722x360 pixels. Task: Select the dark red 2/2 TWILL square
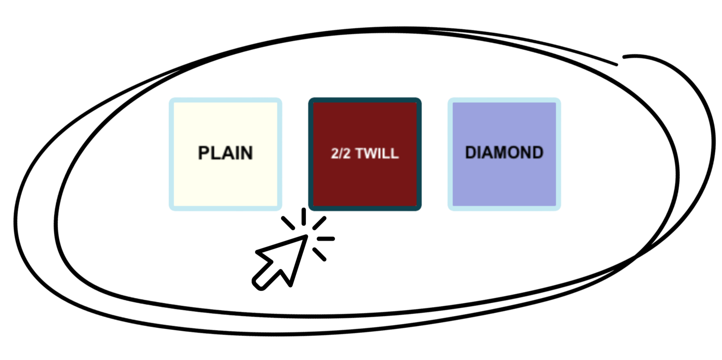click(x=364, y=181)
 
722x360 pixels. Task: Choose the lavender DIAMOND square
click(x=504, y=181)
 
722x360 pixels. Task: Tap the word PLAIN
click(x=225, y=153)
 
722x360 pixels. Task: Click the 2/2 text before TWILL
click(x=340, y=153)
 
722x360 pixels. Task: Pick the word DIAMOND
click(x=504, y=153)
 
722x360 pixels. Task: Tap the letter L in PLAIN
click(x=216, y=153)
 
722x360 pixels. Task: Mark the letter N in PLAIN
click(x=246, y=153)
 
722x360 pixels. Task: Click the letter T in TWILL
click(x=359, y=153)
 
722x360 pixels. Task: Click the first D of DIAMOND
click(x=471, y=153)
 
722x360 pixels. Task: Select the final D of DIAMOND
click(x=538, y=153)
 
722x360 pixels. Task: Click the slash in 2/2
click(x=340, y=153)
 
